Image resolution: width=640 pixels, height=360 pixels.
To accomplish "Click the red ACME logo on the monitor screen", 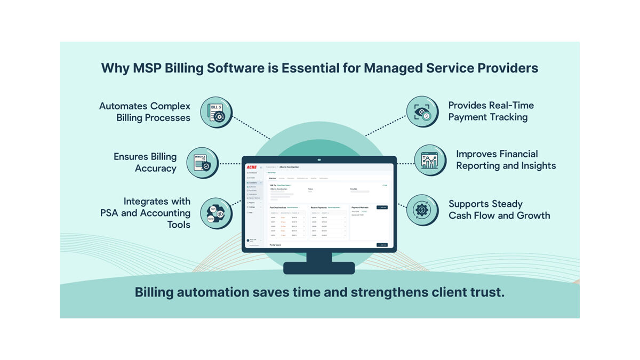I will click(251, 167).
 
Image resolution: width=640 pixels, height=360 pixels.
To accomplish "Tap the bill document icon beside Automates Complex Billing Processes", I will click(216, 112).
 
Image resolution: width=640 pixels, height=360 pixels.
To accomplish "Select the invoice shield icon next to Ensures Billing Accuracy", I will click(202, 163).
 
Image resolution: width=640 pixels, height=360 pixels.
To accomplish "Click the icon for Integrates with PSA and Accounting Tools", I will click(215, 213).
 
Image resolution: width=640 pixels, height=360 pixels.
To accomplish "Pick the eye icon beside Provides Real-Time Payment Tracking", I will click(422, 112).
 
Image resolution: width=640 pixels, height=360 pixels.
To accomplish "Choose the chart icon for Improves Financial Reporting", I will click(430, 160).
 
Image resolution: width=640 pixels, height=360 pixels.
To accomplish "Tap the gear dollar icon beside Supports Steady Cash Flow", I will click(422, 210).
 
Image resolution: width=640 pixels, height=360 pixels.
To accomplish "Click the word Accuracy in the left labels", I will click(156, 169).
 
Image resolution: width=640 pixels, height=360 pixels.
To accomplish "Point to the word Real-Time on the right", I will click(505, 106).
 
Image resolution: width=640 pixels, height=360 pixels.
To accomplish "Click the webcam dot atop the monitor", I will click(319, 159).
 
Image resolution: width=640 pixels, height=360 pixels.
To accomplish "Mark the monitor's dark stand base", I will click(319, 268).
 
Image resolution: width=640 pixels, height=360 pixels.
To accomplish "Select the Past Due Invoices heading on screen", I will click(278, 207).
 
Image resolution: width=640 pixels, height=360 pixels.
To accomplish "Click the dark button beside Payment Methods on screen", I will click(382, 207).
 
